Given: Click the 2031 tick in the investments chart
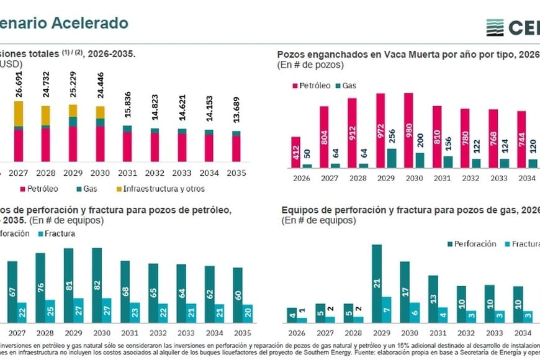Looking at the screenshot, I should [x=127, y=173].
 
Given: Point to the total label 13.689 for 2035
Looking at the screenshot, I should [x=236, y=110].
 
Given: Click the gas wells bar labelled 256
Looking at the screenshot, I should [x=392, y=158].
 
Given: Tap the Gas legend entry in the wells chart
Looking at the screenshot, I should [x=346, y=86].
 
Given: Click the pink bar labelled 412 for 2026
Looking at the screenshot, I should [x=295, y=152].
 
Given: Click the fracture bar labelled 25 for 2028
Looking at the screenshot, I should [x=50, y=310].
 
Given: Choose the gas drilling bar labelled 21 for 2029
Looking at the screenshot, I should [x=376, y=283].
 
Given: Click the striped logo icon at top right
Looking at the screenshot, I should [x=495, y=27].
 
